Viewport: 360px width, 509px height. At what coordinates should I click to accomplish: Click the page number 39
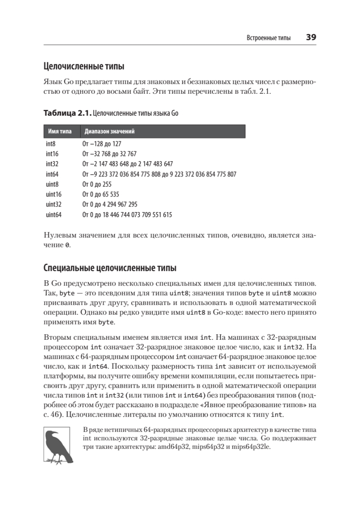coord(311,37)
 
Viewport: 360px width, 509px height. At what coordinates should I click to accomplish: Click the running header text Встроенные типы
coord(269,38)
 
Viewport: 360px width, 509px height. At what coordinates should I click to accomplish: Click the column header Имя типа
coord(59,131)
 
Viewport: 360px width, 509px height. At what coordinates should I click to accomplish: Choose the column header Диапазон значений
coord(110,131)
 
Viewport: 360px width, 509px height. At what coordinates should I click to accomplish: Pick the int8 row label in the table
coord(51,144)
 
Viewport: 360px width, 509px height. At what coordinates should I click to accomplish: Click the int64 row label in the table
coord(53,174)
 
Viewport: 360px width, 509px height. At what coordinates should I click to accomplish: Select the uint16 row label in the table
coord(54,195)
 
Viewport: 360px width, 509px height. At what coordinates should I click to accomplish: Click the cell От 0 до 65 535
coord(101,195)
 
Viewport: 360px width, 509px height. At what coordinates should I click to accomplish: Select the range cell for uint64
coord(127,215)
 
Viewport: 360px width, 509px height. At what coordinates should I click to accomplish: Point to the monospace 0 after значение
coord(67,246)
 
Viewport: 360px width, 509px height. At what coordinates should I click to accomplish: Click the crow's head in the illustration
coord(53,436)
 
